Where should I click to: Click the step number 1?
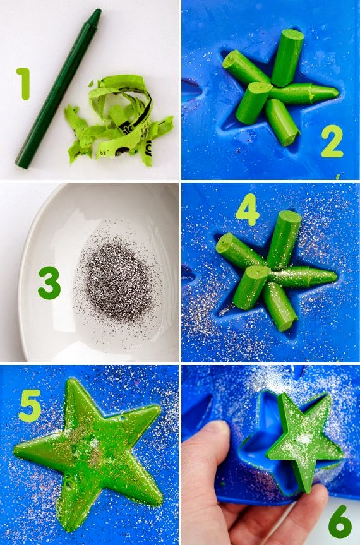[x=24, y=84]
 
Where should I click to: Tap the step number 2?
[x=332, y=141]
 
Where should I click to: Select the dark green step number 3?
[x=49, y=283]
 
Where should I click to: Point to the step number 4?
[x=248, y=210]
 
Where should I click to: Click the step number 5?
[x=30, y=405]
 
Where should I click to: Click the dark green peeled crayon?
[x=58, y=89]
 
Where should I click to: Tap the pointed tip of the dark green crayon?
[x=97, y=12]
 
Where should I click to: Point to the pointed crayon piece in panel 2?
[x=304, y=93]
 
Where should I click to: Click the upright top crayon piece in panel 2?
[x=287, y=57]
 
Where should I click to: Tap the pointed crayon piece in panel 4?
[x=303, y=277]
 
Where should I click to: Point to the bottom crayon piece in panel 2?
[x=282, y=123]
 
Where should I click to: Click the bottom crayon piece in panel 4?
[x=280, y=306]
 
